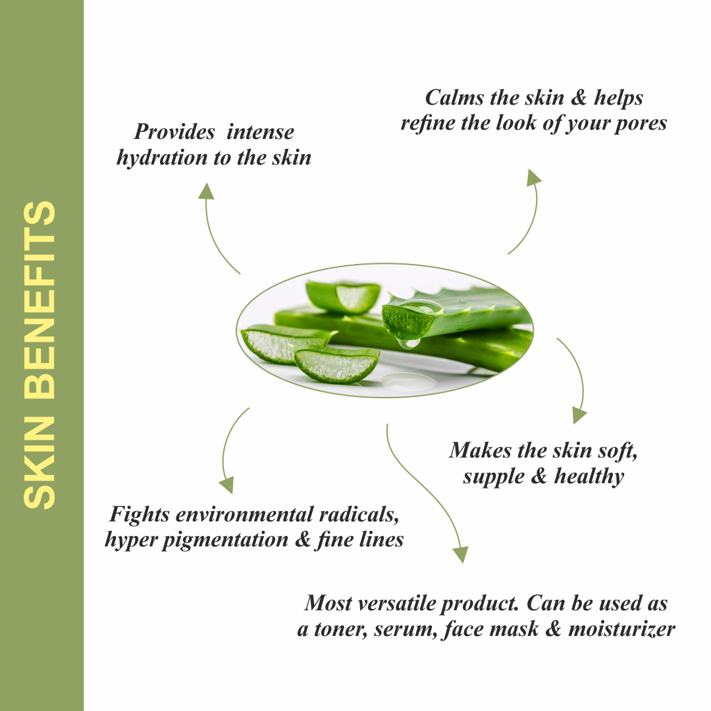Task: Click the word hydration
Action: point(161,158)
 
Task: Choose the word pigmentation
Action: point(234,540)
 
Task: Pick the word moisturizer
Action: point(621,629)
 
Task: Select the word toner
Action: point(340,629)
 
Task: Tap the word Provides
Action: point(174,132)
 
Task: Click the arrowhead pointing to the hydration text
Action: point(206,191)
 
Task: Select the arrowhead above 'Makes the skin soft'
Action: point(579,414)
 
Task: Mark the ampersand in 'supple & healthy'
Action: point(539,476)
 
